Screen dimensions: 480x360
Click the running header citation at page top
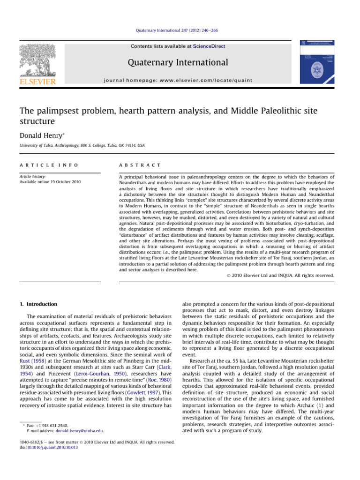(x=180, y=30)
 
